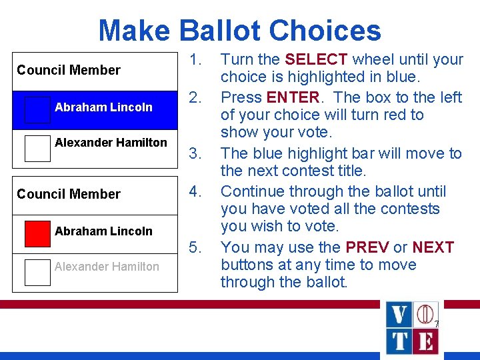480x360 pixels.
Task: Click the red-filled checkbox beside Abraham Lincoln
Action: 37,233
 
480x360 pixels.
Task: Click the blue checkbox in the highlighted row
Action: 37,110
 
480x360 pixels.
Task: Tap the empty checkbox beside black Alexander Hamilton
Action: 37,149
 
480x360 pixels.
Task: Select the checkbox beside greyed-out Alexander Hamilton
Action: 37,272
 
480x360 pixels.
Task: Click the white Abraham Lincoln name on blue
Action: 103,107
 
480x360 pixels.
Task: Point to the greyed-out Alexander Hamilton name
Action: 107,267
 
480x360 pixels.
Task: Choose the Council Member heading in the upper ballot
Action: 69,70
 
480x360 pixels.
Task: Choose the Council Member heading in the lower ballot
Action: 69,194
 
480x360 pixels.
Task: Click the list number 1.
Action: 195,59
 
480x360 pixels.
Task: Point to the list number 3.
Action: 195,153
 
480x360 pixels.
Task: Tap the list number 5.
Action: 195,247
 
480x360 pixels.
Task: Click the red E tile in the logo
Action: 425,341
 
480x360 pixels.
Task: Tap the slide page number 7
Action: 436,325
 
